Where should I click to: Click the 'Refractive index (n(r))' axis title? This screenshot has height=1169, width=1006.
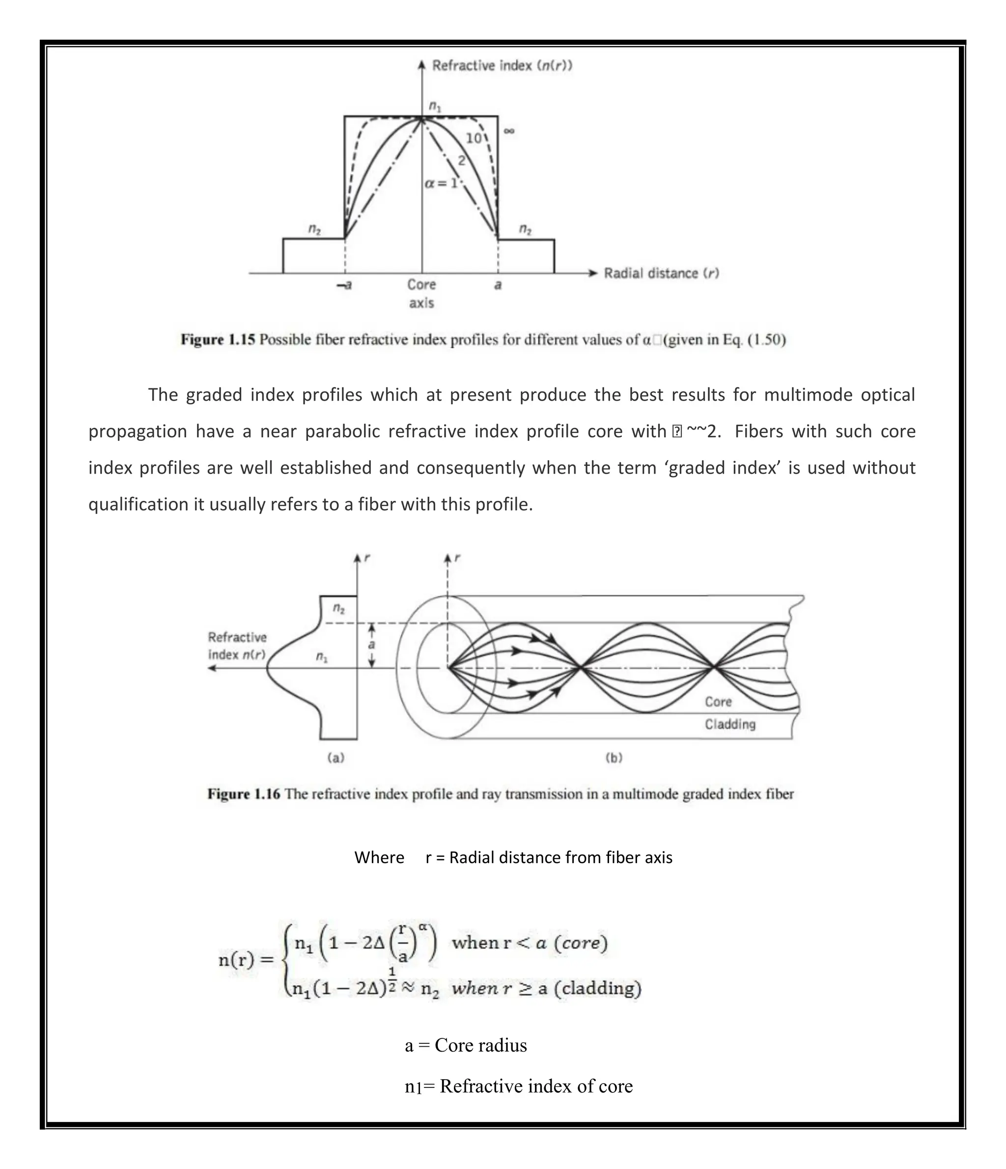coord(502,65)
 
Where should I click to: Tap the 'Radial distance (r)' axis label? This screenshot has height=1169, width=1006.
coord(661,273)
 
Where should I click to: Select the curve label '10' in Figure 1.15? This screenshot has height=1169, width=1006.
coord(473,138)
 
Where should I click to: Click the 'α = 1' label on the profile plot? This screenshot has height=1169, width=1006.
coord(440,183)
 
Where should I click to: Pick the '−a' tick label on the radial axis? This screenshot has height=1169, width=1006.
coord(344,285)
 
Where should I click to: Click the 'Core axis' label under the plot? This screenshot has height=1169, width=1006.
coord(422,294)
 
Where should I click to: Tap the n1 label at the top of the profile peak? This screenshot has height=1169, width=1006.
coord(435,106)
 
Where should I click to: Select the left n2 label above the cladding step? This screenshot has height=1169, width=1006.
coord(314,228)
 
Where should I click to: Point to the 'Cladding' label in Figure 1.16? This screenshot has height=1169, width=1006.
coord(729,724)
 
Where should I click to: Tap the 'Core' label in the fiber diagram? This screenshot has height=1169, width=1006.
coord(718,702)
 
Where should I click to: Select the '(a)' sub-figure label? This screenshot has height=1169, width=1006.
coord(336,758)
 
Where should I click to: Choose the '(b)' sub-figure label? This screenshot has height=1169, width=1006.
coord(614,758)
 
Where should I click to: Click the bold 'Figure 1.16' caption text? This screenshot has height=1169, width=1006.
coord(243,794)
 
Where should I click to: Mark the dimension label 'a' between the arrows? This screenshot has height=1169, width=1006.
coord(371,645)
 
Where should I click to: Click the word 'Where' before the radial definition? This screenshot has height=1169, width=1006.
coord(379,858)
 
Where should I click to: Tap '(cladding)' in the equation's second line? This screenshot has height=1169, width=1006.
coord(598,988)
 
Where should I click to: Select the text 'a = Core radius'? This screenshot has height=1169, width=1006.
coord(466,1045)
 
